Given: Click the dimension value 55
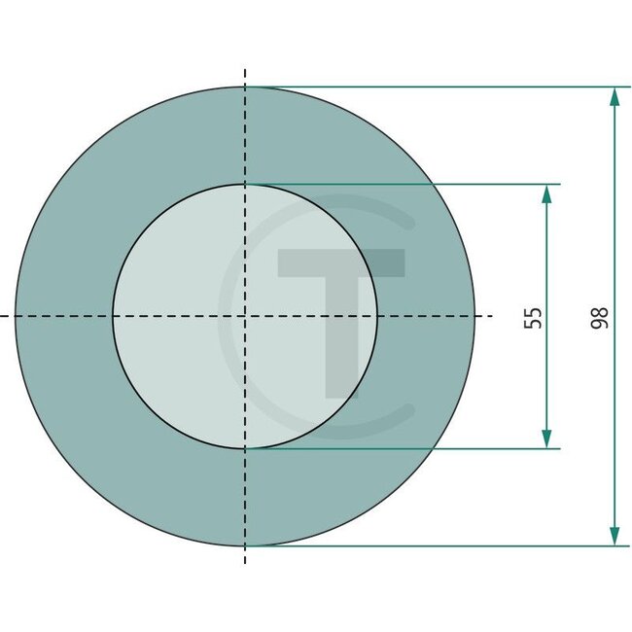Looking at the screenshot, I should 533,317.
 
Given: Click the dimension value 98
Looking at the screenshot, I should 600,317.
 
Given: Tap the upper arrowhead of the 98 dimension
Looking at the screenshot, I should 614,96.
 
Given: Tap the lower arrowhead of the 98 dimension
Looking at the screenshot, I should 614,536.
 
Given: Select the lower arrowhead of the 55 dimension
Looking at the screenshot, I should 546,439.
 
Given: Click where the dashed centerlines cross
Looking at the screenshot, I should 245,316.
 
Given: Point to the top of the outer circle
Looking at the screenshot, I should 245,87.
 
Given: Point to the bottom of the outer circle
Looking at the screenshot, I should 245,545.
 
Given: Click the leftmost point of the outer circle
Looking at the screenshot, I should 16,316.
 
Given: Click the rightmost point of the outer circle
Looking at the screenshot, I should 475,316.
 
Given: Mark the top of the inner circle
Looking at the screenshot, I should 245,184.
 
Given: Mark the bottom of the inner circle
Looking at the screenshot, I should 245,448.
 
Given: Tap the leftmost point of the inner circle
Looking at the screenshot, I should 113,316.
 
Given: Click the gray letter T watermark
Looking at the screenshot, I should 340,311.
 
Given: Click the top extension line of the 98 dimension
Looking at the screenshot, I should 438,87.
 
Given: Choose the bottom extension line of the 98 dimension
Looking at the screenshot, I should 438,545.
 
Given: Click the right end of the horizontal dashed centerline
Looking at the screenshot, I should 494,316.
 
